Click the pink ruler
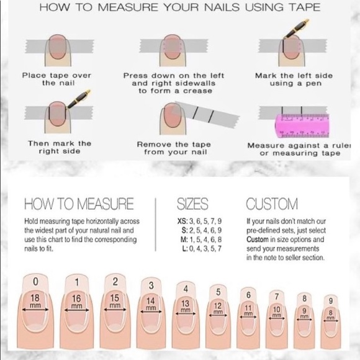pyautogui.click(x=302, y=125)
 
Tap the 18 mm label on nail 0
pyautogui.click(x=35, y=301)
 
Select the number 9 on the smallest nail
pyautogui.click(x=331, y=301)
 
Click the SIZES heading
pyautogui.click(x=192, y=204)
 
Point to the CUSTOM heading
pyautogui.click(x=272, y=204)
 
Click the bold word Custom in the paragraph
pyautogui.click(x=258, y=240)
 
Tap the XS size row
pyautogui.click(x=199, y=221)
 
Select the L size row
pyautogui.click(x=202, y=248)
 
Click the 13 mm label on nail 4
pyautogui.click(x=186, y=306)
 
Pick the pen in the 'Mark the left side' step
pyautogui.click(x=296, y=29)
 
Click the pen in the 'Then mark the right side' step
pyautogui.click(x=79, y=99)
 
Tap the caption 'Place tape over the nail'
pyautogui.click(x=56, y=79)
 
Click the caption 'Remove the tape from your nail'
pyautogui.click(x=174, y=148)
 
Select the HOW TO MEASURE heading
pyautogui.click(x=79, y=204)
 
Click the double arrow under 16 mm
pyautogui.click(x=77, y=310)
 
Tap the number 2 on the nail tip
pyautogui.click(x=115, y=282)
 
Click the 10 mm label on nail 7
pyautogui.click(x=277, y=312)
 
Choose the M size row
pyautogui.click(x=201, y=240)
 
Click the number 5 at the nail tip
pyautogui.click(x=218, y=292)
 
